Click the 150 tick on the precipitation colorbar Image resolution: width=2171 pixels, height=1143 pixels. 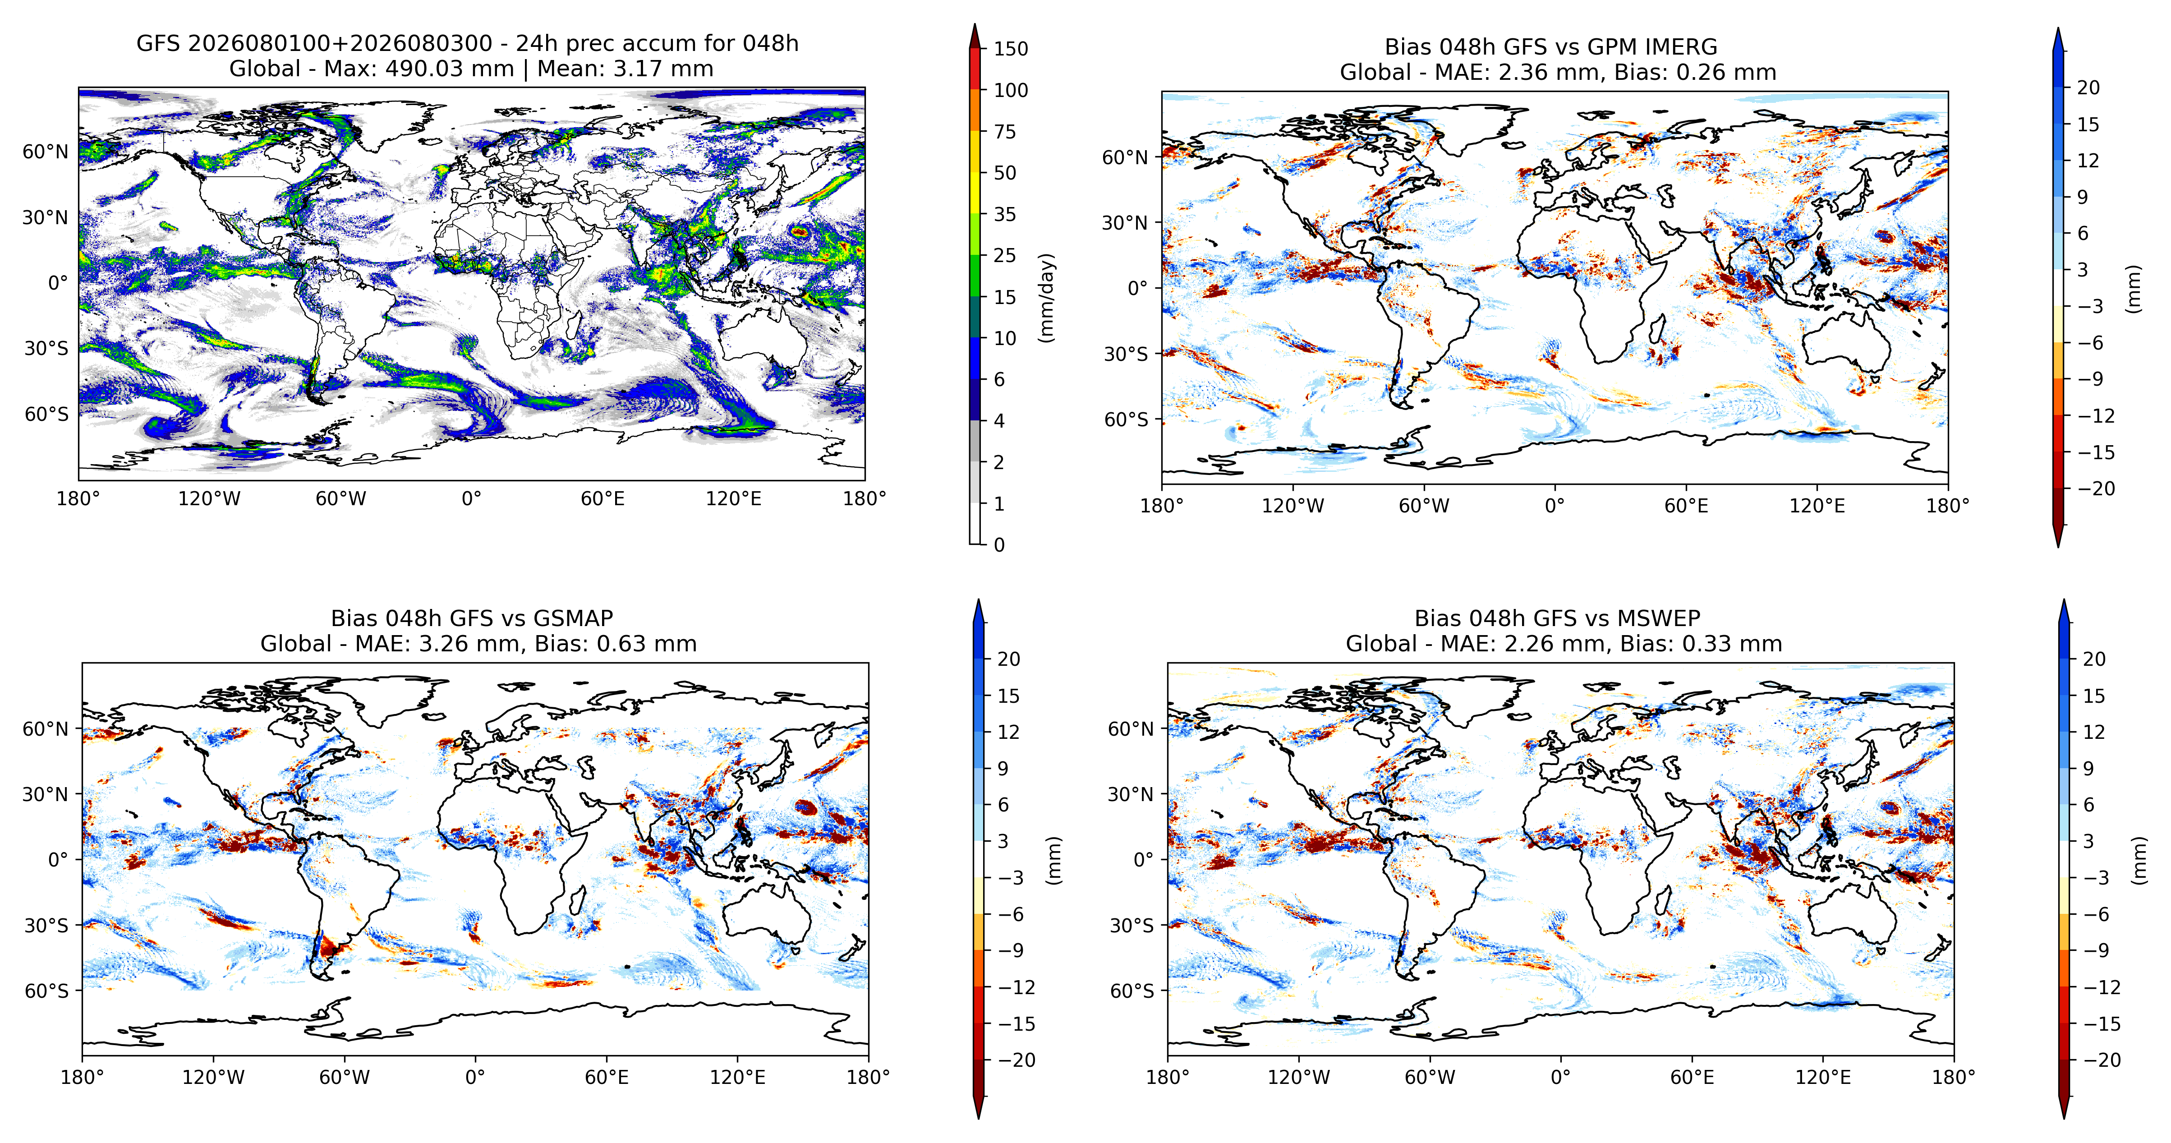click(1011, 49)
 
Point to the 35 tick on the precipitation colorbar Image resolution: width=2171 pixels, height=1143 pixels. click(1005, 214)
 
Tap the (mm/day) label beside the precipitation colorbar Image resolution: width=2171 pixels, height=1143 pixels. click(1047, 297)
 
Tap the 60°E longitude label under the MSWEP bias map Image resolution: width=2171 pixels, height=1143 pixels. click(1693, 1077)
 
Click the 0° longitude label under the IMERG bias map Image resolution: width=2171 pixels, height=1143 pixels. click(1555, 506)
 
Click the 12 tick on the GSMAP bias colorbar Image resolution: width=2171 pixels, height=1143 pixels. click(1009, 732)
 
